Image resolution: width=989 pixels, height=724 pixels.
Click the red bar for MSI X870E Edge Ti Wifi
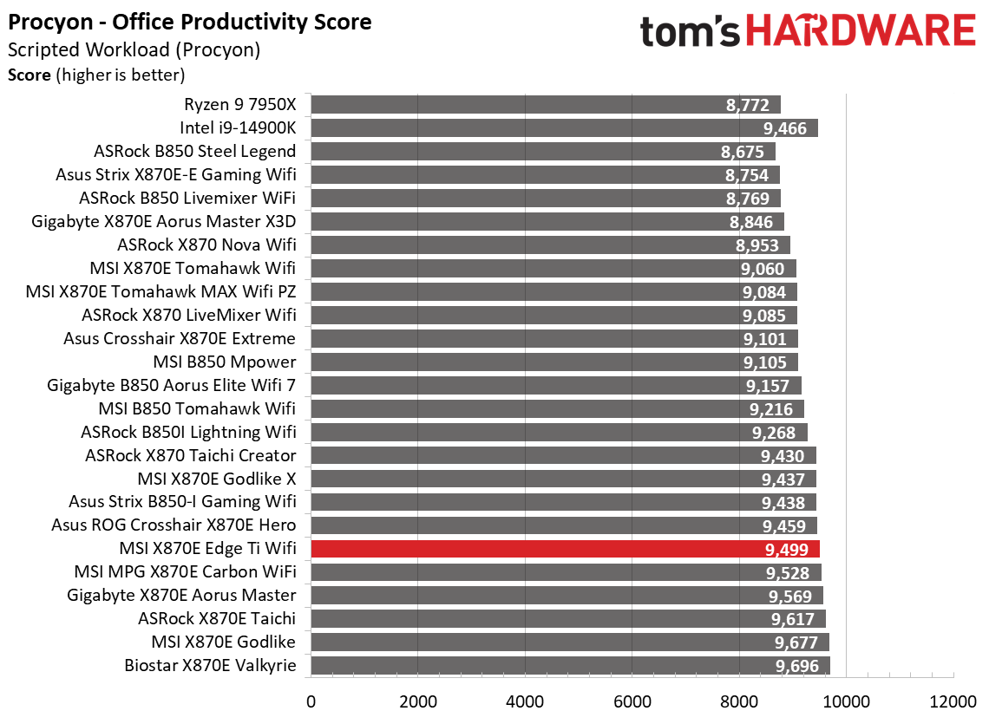coord(564,549)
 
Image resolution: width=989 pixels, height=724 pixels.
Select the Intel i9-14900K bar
coord(564,128)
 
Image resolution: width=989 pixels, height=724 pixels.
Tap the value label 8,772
coord(747,105)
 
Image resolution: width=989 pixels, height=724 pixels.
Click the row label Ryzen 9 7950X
coord(239,105)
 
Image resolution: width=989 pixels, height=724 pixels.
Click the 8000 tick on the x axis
coord(739,701)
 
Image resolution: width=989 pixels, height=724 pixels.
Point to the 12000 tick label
coord(953,701)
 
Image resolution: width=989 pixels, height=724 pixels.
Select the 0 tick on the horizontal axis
coord(311,701)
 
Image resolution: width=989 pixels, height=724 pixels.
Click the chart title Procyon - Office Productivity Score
coord(190,22)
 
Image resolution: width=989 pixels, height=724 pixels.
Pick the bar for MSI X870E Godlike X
coord(564,479)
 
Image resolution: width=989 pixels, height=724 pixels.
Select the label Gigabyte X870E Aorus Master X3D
coord(164,222)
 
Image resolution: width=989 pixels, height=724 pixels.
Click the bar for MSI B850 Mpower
coord(555,362)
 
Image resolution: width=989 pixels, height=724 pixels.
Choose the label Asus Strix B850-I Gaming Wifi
coord(182,502)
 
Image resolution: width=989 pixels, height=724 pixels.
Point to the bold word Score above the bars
coord(29,75)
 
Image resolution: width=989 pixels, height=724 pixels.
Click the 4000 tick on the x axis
coord(525,701)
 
